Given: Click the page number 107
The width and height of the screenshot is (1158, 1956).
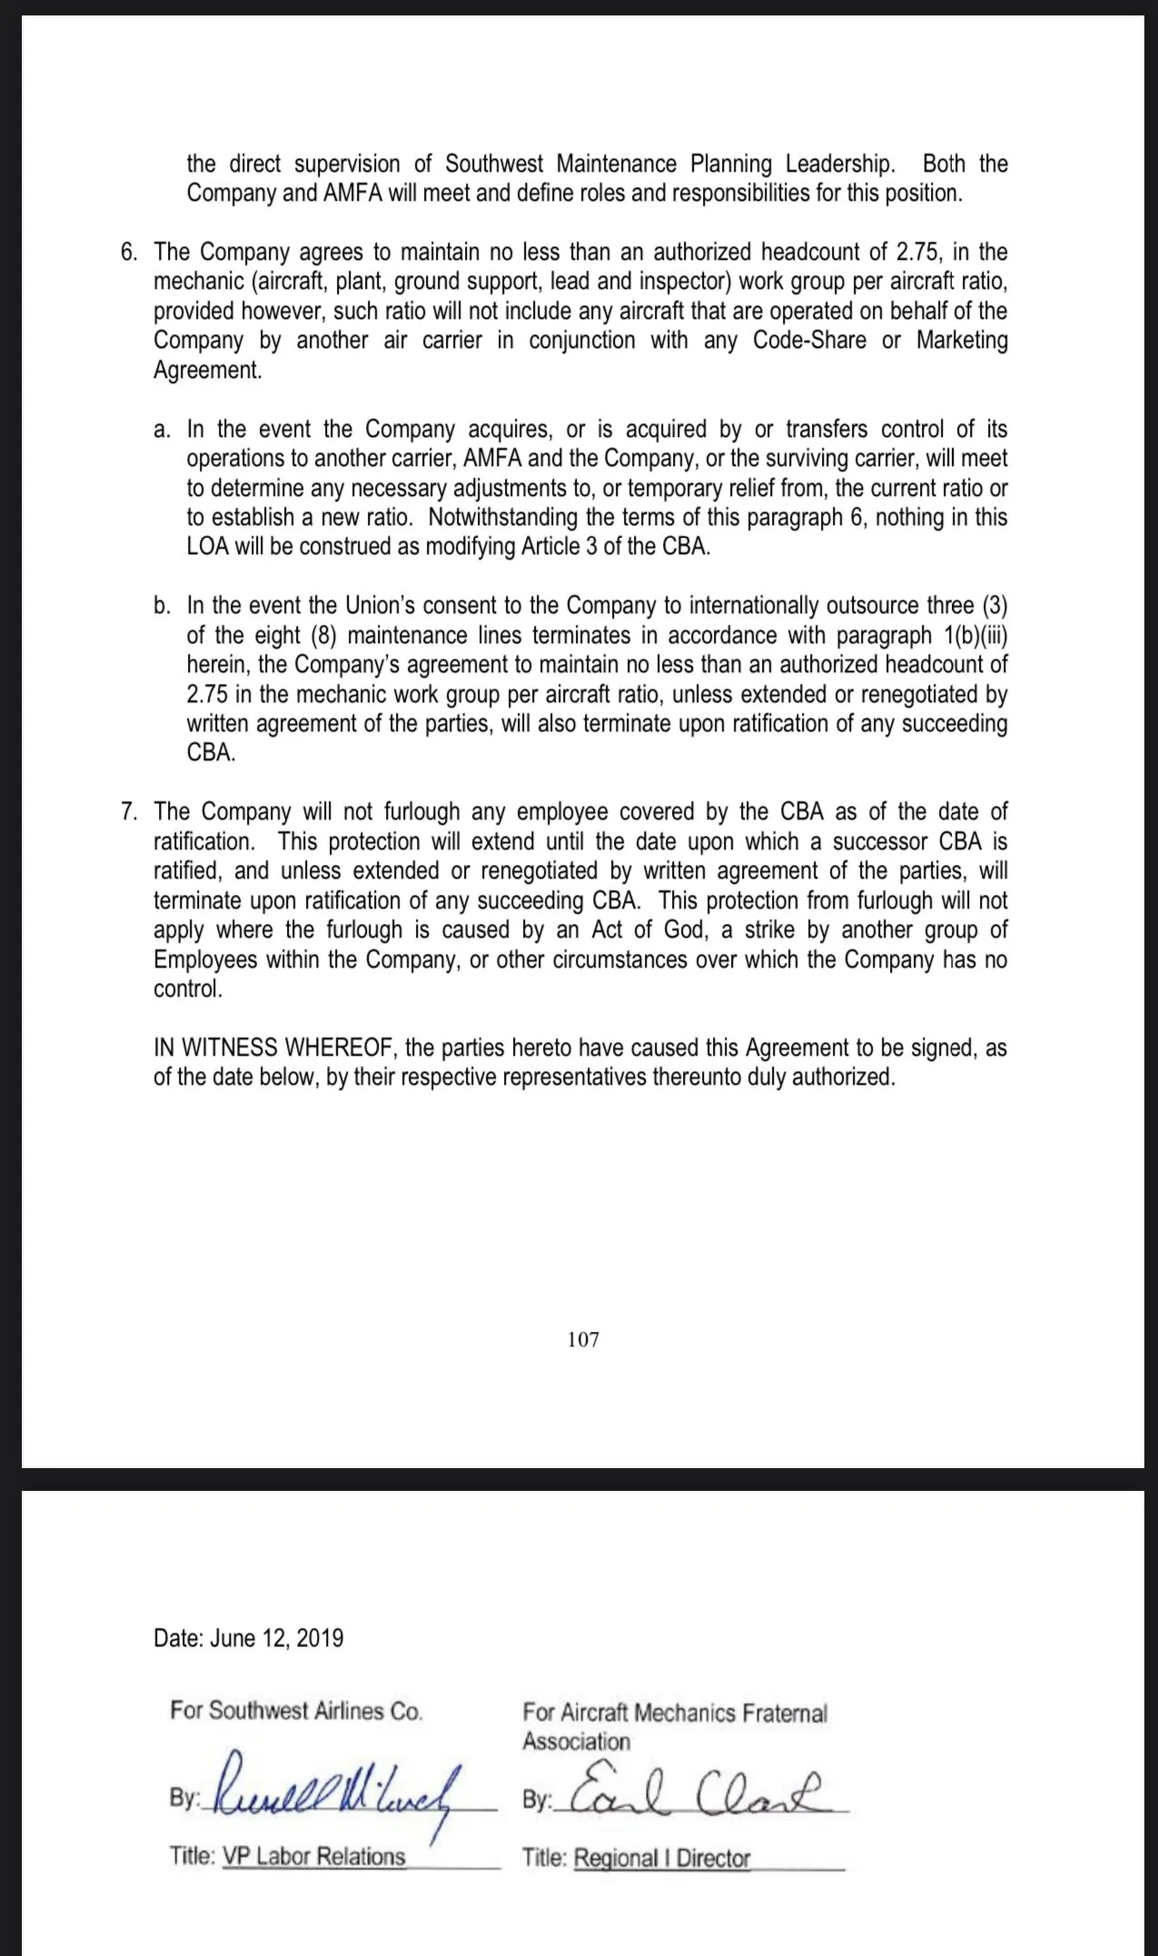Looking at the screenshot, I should click(583, 1339).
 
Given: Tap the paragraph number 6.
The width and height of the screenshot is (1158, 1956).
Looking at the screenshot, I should click(128, 252).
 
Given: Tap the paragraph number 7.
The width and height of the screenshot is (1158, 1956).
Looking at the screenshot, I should click(128, 811).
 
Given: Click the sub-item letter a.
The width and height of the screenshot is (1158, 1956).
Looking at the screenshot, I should click(162, 429).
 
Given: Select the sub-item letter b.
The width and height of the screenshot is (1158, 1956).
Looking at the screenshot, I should click(162, 605).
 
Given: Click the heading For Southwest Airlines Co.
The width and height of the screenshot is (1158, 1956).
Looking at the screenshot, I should click(296, 1711).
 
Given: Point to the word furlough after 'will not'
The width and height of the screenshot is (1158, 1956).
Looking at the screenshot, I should click(419, 811).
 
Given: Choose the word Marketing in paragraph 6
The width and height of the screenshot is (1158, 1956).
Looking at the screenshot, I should click(962, 341).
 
